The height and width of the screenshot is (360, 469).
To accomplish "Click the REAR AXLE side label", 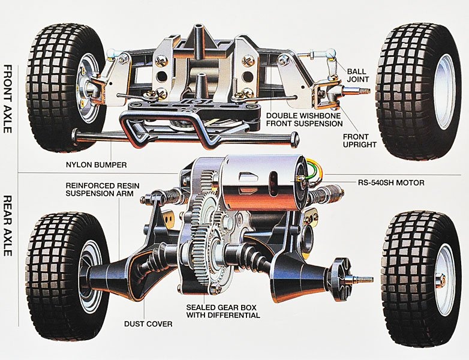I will (x=9, y=226).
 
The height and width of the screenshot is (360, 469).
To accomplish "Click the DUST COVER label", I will (x=148, y=324).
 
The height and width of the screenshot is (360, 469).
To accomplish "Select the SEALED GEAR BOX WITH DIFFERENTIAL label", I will (x=223, y=311).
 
